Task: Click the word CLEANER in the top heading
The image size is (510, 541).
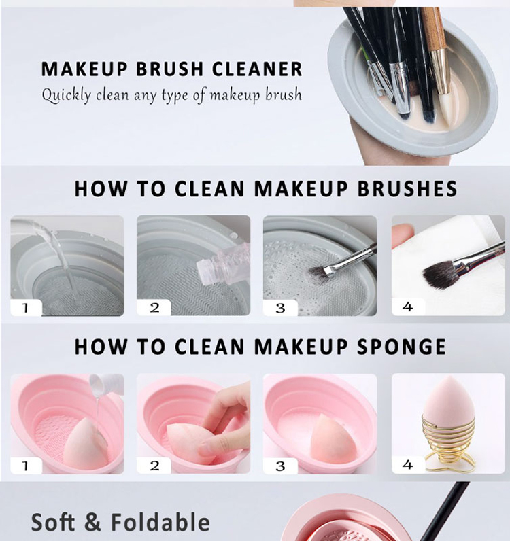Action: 257,69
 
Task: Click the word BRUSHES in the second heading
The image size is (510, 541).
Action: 407,189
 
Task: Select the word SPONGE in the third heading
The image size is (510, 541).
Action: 401,347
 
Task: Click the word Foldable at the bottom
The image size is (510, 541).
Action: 160,522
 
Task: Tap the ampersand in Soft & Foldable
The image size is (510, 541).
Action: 92,522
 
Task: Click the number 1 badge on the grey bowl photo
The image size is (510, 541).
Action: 26,307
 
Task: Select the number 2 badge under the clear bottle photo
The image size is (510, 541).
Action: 154,307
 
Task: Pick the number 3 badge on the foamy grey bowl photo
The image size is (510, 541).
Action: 280,308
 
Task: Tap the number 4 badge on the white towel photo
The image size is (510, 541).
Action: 408,307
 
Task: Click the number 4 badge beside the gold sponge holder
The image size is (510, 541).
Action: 408,465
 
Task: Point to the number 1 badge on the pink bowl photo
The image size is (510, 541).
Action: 26,466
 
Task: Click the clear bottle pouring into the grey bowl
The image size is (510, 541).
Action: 223,265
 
